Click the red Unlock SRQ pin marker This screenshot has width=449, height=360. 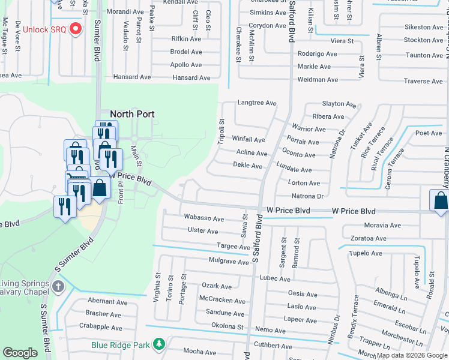(x=76, y=29)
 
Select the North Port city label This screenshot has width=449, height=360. (x=132, y=114)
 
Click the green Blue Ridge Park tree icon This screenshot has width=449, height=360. (x=158, y=344)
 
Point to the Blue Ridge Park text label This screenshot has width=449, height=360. (x=120, y=345)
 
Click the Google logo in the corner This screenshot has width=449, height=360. (x=20, y=353)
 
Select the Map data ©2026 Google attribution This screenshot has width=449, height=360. (x=412, y=355)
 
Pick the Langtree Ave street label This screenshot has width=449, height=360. (x=257, y=103)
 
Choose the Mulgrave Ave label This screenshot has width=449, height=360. (x=228, y=262)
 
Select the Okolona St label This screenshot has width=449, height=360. (x=226, y=326)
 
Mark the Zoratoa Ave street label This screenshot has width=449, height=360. (x=368, y=238)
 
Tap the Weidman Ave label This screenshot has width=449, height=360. (x=318, y=79)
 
